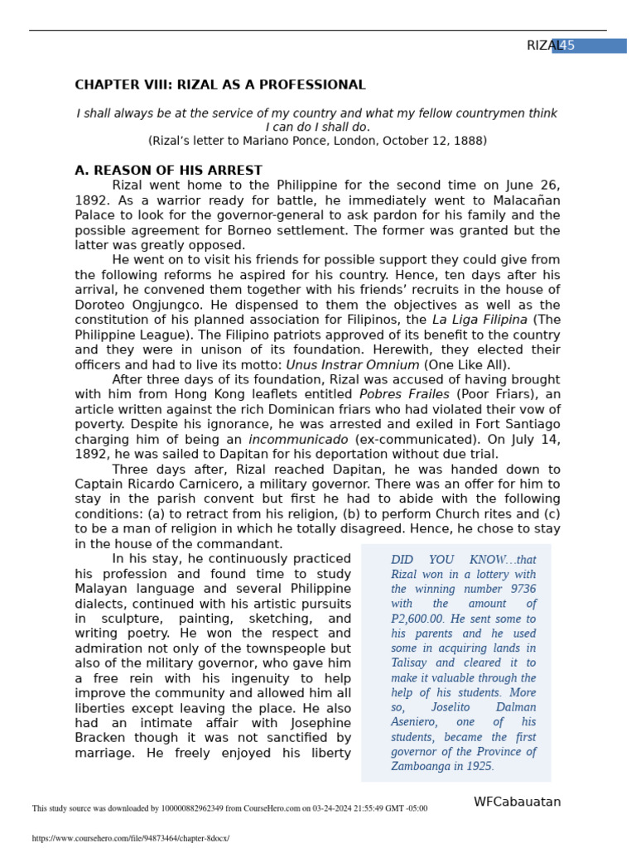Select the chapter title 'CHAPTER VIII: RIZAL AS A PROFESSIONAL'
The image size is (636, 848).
(x=219, y=85)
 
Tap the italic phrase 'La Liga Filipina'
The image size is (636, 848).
(x=479, y=320)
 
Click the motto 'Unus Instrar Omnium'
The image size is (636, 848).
(x=353, y=364)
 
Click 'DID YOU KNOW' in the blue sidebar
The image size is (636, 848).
(x=452, y=560)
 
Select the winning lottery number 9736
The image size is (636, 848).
(x=518, y=590)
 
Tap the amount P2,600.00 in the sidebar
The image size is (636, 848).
(x=417, y=619)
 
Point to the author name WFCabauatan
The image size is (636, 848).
(x=517, y=802)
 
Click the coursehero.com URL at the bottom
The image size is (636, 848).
(x=131, y=838)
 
